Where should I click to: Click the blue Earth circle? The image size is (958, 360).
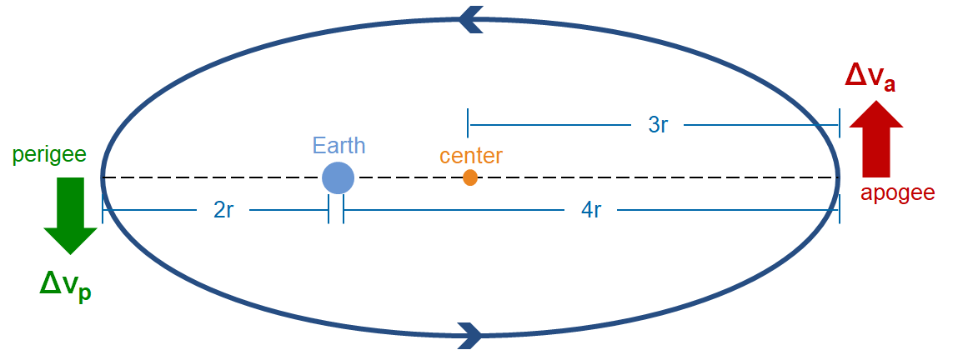point(338,177)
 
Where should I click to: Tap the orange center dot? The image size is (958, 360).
point(470,177)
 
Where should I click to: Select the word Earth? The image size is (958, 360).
point(339,145)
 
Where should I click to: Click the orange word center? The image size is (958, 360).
point(471,156)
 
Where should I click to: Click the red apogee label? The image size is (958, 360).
point(898,193)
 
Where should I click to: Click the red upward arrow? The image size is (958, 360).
point(875,138)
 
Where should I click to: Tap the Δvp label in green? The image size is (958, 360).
point(65,285)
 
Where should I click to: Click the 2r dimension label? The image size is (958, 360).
point(223,210)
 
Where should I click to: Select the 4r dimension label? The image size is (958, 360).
point(590,210)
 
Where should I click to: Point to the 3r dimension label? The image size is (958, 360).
point(658,125)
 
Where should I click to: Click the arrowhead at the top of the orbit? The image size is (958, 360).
point(471,18)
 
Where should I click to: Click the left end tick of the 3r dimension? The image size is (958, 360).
point(469,123)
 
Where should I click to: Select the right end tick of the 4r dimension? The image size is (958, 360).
point(839,210)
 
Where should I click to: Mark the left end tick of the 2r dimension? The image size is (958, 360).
point(103,210)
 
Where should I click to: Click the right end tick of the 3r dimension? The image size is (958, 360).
point(839,123)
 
